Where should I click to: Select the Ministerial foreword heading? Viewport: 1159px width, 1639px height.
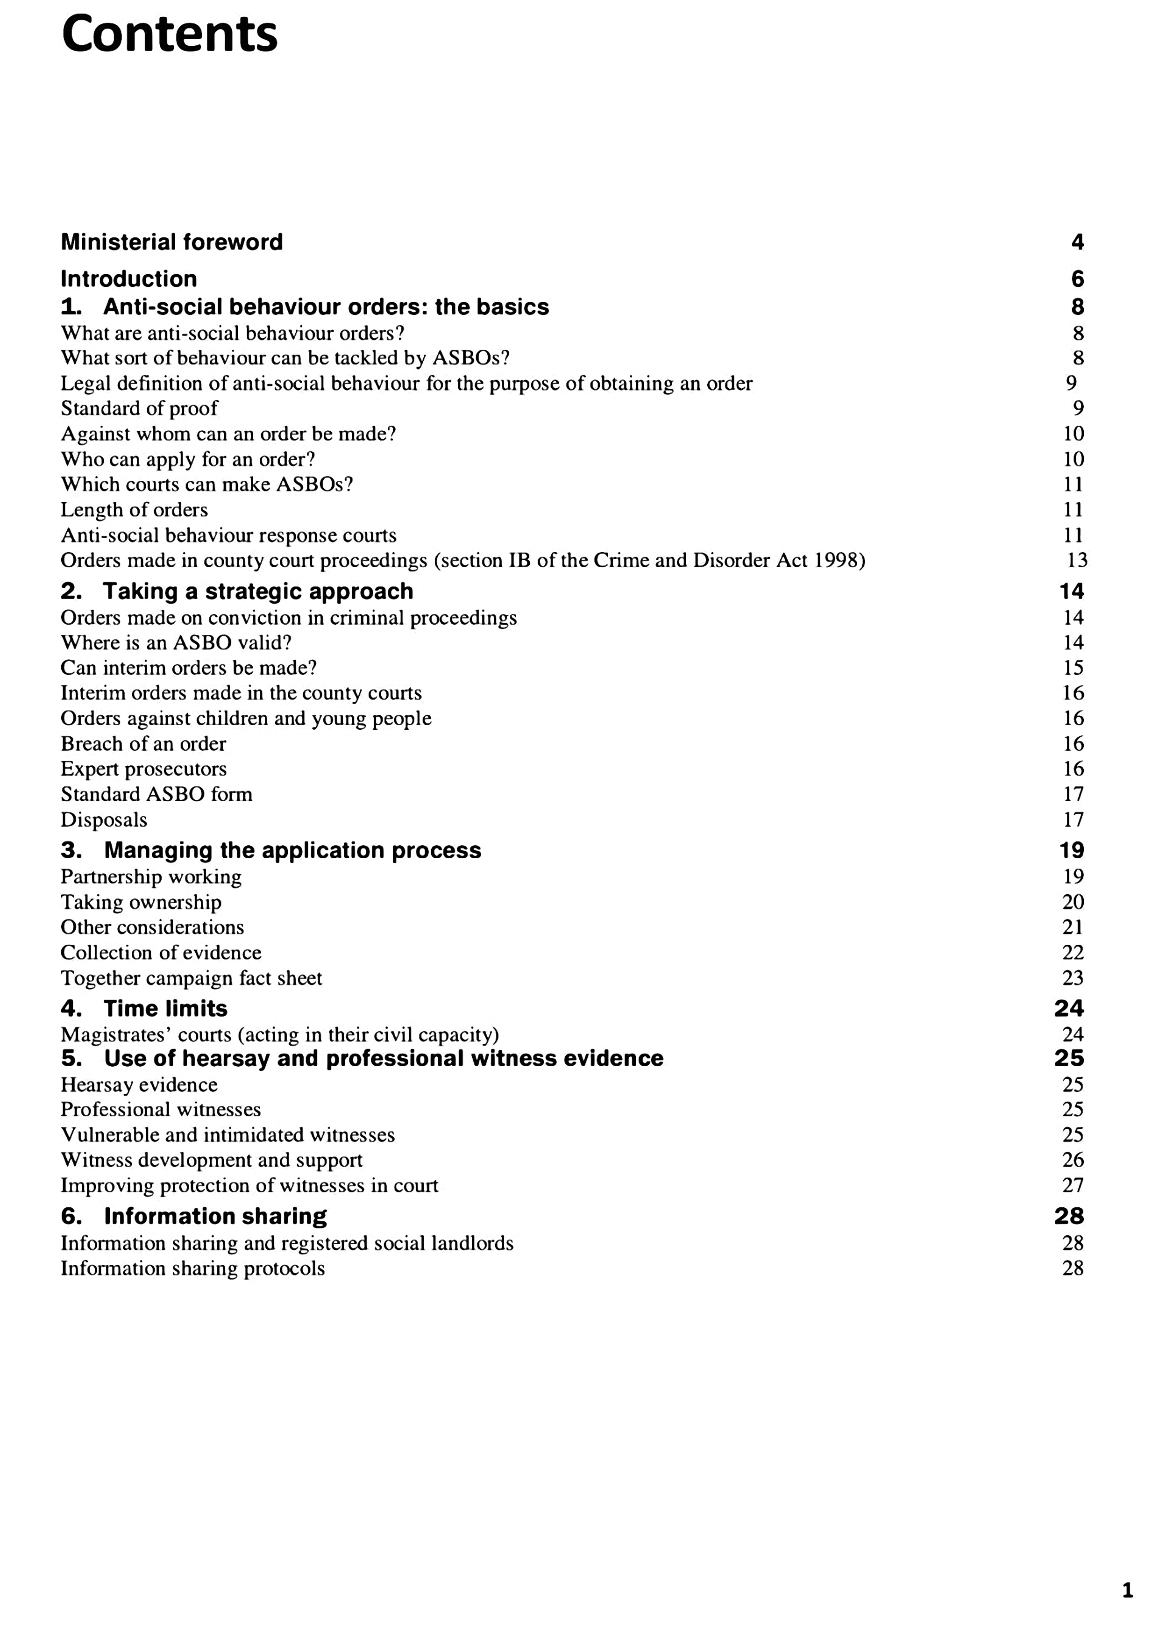pyautogui.click(x=171, y=242)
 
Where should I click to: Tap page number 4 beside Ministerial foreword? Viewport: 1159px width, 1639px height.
pyautogui.click(x=1077, y=242)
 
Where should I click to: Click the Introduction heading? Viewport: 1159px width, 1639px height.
pyautogui.click(x=128, y=278)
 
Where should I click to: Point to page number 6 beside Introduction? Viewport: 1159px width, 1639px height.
pyautogui.click(x=1077, y=278)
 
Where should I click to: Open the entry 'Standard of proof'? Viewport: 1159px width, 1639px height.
pyautogui.click(x=139, y=408)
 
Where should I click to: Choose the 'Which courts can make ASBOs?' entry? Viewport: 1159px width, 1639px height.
pyautogui.click(x=207, y=484)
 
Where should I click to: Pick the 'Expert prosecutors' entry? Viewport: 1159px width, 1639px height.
pyautogui.click(x=143, y=769)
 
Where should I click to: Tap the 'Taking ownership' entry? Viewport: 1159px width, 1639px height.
pyautogui.click(x=141, y=902)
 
